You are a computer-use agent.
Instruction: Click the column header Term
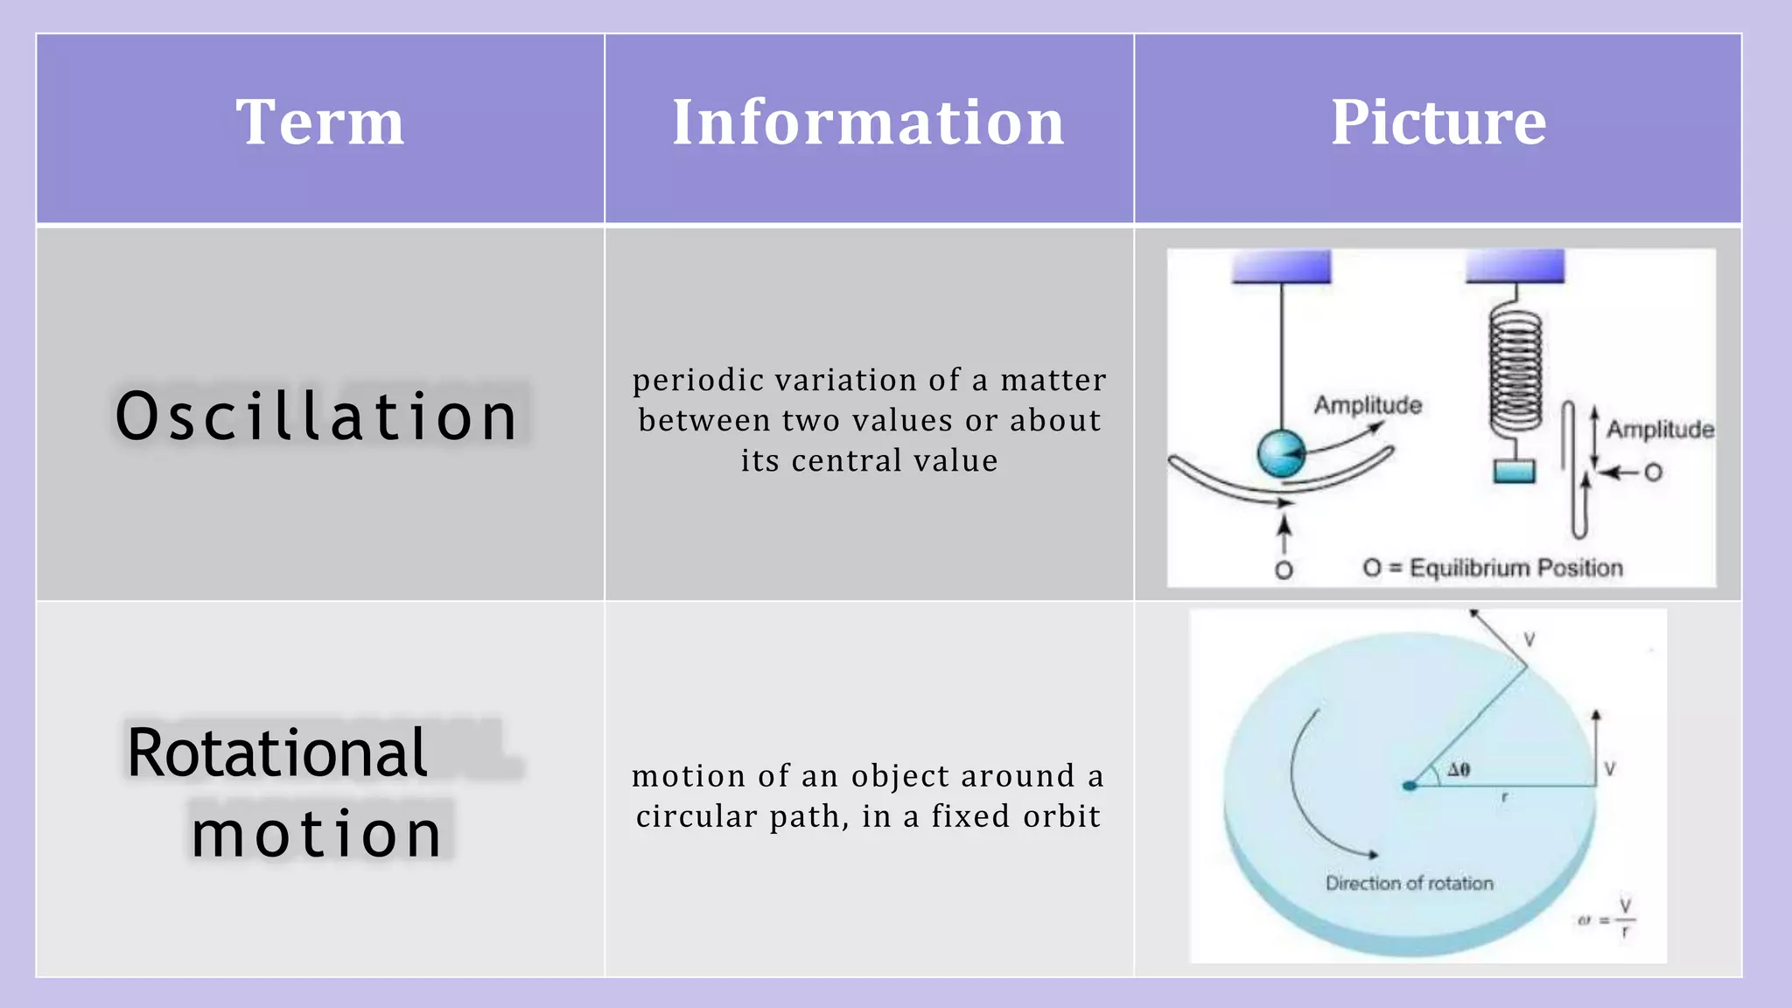click(x=320, y=122)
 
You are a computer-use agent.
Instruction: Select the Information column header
click(x=868, y=122)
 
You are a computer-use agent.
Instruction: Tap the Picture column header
click(x=1438, y=122)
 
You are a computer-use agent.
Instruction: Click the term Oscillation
click(x=317, y=416)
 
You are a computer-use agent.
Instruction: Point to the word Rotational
click(x=277, y=753)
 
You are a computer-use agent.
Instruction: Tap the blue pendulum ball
click(x=1281, y=453)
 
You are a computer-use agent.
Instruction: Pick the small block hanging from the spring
click(x=1514, y=471)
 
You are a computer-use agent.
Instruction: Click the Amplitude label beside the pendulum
click(x=1368, y=405)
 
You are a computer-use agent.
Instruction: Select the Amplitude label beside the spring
click(x=1660, y=430)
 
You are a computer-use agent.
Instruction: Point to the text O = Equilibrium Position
click(x=1493, y=568)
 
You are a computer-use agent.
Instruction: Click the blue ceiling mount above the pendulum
click(x=1281, y=267)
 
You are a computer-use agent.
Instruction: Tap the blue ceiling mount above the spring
click(x=1515, y=266)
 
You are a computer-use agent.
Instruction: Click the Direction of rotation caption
click(x=1409, y=884)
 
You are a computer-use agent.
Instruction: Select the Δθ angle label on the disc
click(x=1459, y=770)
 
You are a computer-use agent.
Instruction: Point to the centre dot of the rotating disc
click(x=1409, y=786)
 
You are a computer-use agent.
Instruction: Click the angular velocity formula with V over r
click(x=1608, y=919)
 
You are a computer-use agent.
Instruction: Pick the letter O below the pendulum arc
click(x=1284, y=570)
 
